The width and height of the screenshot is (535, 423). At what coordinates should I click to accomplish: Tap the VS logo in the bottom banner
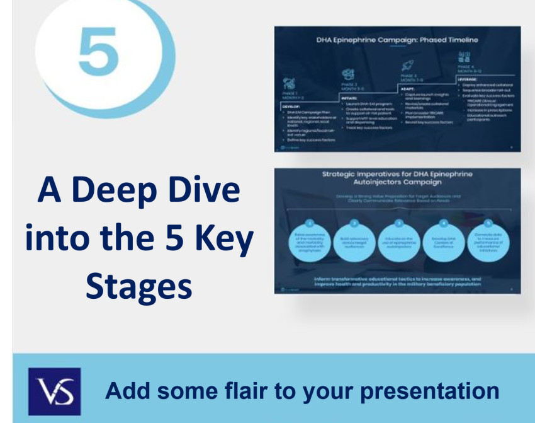click(x=54, y=391)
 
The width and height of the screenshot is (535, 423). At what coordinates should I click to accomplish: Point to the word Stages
click(x=138, y=286)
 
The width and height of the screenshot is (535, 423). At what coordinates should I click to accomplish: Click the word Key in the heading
click(x=225, y=239)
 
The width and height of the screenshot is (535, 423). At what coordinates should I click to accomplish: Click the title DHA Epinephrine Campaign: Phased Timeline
click(x=397, y=40)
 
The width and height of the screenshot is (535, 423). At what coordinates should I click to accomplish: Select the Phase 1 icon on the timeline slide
click(x=289, y=82)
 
